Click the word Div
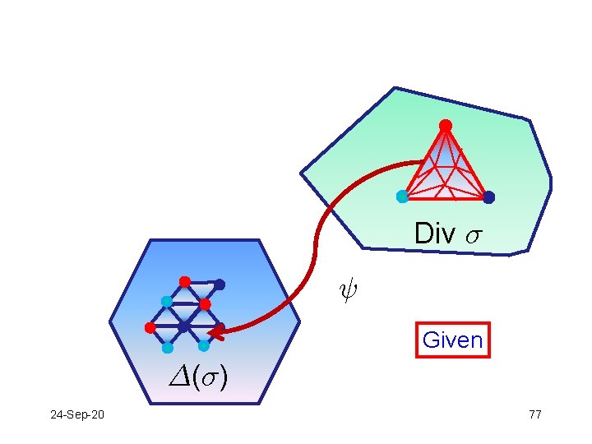coord(434,234)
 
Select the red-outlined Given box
coord(453,340)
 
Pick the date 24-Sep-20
coord(77,414)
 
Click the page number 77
coord(534,414)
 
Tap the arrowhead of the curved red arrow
coord(215,332)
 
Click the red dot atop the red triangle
coord(445,125)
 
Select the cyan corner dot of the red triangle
coord(402,197)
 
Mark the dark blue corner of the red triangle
coord(488,197)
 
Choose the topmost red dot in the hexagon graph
coord(185,281)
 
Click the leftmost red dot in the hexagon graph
coord(150,327)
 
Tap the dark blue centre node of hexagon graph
coord(184,326)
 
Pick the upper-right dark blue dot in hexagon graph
coord(220,284)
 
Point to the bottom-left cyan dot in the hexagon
coord(167,347)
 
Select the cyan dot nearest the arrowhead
coord(203,345)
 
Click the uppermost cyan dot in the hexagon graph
coord(166,302)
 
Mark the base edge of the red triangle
coord(445,198)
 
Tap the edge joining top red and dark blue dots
coord(202,283)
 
